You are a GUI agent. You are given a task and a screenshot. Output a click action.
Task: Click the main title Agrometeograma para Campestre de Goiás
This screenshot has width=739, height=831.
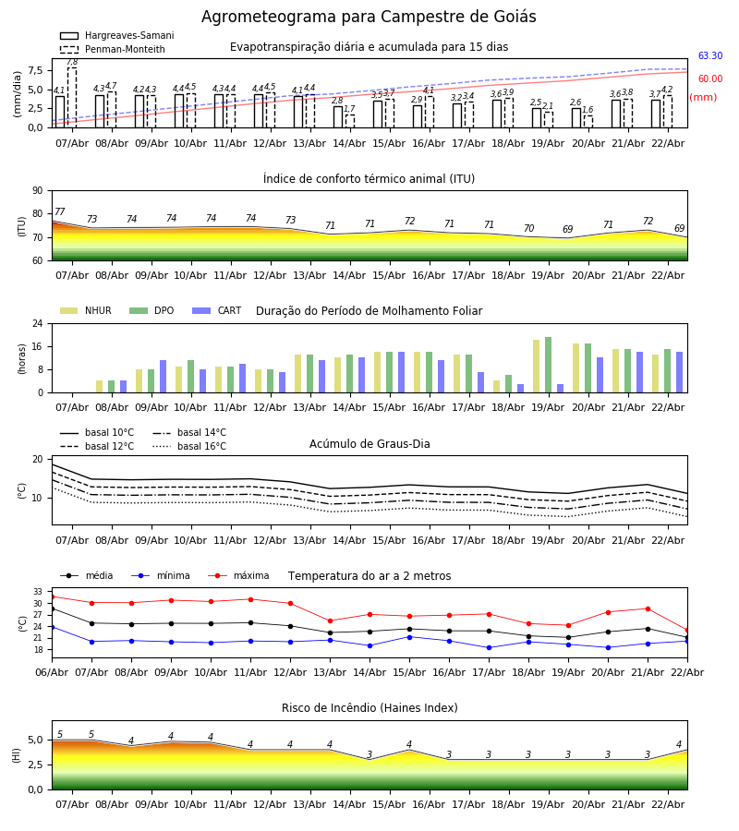pyautogui.click(x=369, y=18)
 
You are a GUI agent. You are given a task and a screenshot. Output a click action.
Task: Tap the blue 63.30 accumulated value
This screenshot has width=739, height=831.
pyautogui.click(x=709, y=56)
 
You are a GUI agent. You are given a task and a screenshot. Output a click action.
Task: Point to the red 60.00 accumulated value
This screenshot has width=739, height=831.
pyautogui.click(x=709, y=79)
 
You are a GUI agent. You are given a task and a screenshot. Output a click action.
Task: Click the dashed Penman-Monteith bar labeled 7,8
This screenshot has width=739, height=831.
pyautogui.click(x=72, y=97)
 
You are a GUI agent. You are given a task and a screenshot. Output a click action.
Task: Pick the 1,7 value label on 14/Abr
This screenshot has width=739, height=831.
pyautogui.click(x=349, y=109)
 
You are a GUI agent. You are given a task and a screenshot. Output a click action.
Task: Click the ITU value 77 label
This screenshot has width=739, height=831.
pyautogui.click(x=60, y=212)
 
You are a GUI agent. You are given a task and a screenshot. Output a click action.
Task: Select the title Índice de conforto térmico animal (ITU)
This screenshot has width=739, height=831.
pyautogui.click(x=369, y=179)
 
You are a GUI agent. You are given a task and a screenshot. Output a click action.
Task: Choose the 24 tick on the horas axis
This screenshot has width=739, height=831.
pyautogui.click(x=41, y=324)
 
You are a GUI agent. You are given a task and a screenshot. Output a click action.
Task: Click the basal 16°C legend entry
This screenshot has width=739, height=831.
pyautogui.click(x=201, y=447)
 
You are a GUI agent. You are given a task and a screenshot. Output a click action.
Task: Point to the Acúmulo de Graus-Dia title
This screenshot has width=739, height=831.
pyautogui.click(x=369, y=444)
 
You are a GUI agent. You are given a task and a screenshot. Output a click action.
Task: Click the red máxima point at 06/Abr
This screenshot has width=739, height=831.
pyautogui.click(x=52, y=596)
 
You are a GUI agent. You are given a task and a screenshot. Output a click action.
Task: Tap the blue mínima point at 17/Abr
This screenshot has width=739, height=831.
pyautogui.click(x=489, y=647)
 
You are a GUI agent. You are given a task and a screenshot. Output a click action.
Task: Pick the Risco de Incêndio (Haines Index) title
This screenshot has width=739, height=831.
pyautogui.click(x=369, y=708)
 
